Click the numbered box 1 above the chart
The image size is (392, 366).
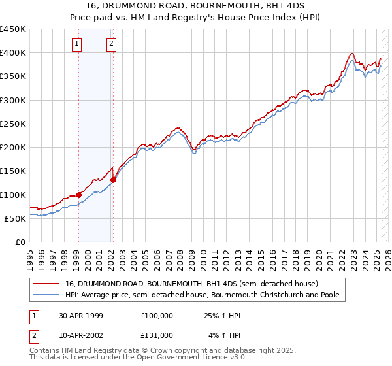(x=77, y=44)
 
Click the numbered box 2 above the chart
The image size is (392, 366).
(x=112, y=44)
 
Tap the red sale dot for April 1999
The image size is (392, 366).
(x=79, y=195)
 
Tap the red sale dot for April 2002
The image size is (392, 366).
(x=113, y=180)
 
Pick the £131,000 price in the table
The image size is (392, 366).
(x=157, y=335)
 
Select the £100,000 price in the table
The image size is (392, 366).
(x=157, y=316)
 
